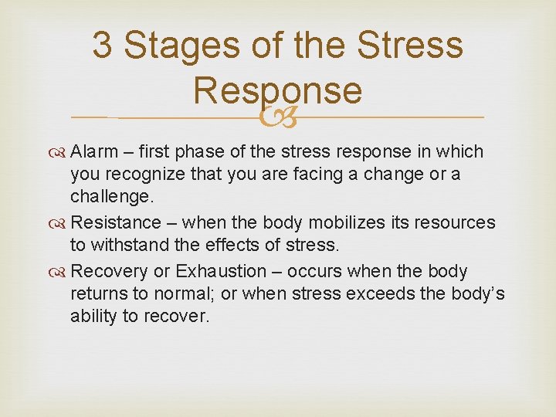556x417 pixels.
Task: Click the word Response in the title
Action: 277,91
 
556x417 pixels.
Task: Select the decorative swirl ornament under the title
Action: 277,117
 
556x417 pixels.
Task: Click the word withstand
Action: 126,246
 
